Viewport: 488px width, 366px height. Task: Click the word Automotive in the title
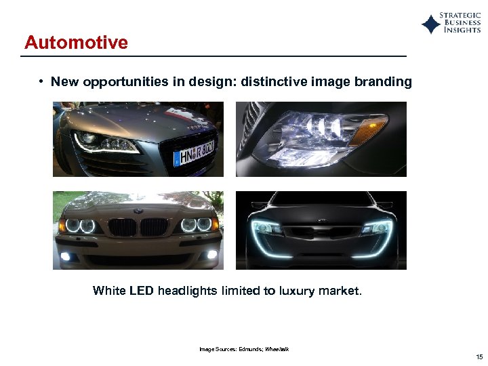click(76, 43)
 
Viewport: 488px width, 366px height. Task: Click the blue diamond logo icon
click(430, 24)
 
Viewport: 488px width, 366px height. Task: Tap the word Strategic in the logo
click(460, 15)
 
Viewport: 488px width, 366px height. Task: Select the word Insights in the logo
click(462, 30)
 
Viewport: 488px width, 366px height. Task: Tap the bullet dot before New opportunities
click(41, 82)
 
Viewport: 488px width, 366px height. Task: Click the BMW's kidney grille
click(138, 226)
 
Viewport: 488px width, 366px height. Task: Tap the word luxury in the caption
click(294, 291)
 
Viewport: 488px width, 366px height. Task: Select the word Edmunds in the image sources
click(250, 349)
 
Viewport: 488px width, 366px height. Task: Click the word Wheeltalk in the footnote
click(277, 349)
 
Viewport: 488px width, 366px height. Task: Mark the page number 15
click(479, 357)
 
